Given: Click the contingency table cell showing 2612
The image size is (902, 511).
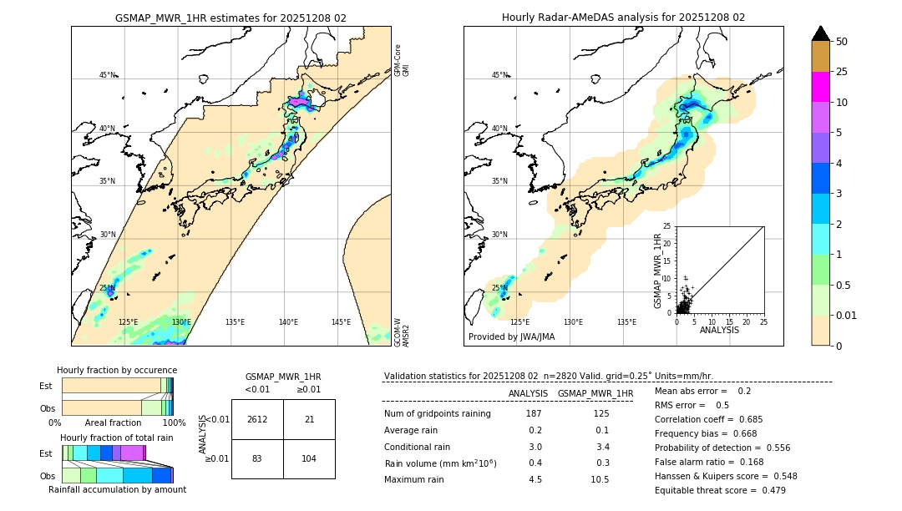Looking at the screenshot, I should pos(257,419).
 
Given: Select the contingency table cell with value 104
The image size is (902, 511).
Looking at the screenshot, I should pos(309,459).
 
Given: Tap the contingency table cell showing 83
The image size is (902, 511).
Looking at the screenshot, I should pos(257,459).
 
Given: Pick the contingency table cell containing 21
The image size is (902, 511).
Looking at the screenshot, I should pos(309,419).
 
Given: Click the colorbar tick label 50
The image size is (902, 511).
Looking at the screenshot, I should pos(842,42).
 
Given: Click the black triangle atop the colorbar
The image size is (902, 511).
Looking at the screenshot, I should pos(820,33).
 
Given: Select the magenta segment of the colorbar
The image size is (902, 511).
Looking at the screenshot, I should pos(820,87).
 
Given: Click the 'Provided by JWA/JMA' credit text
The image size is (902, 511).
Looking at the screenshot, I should pos(511,337).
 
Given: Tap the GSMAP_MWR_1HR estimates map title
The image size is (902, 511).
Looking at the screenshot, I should pos(231,18).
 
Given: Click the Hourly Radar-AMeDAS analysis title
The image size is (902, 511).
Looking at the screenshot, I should pos(623,18).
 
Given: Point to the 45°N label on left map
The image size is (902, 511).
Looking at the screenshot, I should pos(107,75).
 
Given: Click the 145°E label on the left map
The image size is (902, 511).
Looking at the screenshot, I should pos(341,322).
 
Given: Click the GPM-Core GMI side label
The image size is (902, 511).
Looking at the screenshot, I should pos(402,60).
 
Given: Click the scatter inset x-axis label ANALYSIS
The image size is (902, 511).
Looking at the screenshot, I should pos(719,331).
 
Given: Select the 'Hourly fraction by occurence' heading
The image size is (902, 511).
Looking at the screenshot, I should pos(117,370).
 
